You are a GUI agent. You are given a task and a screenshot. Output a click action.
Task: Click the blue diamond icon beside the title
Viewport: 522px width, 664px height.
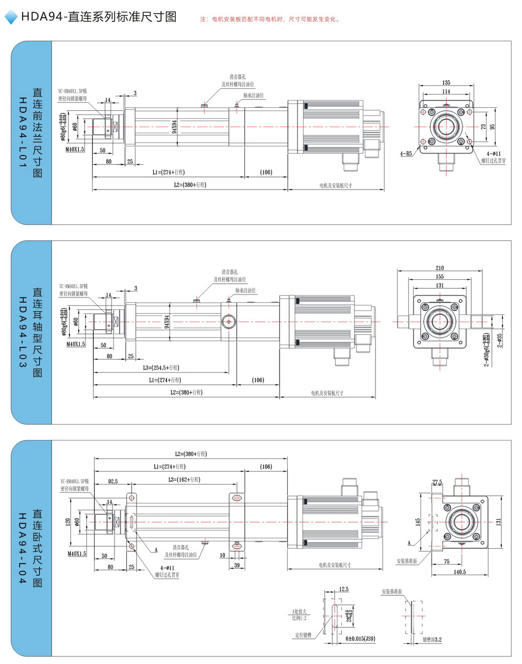point(11,18)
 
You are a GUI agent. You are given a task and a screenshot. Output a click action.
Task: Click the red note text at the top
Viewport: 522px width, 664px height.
point(271,20)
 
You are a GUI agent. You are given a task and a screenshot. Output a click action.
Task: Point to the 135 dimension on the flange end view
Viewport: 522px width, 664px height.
point(446,83)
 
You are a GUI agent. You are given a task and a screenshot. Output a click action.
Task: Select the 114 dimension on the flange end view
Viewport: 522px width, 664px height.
point(446,91)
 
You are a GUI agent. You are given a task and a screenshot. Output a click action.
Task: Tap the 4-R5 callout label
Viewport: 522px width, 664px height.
point(406,153)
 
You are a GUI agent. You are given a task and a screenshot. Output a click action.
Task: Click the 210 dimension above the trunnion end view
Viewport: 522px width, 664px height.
point(440,268)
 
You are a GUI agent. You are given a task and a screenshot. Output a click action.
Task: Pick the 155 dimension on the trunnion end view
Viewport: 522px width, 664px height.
point(440,276)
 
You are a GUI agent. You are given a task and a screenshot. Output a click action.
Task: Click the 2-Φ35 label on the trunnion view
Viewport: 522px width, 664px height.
point(500,341)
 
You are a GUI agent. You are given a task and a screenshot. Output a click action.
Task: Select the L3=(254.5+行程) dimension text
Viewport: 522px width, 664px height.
point(161,368)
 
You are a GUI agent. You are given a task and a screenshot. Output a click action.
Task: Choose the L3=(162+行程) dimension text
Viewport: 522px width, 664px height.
point(184,479)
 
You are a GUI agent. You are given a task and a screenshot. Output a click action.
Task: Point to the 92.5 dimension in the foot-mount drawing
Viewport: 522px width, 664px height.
point(113,481)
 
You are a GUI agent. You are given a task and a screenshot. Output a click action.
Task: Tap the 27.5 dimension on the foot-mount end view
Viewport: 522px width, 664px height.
point(437,482)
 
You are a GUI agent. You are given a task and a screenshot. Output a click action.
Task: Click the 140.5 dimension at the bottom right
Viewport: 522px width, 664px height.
point(460,572)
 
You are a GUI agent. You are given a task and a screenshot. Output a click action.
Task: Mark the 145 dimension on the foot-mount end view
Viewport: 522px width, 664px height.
point(418,522)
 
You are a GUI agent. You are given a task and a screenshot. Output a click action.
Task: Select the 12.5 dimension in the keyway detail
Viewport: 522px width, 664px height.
point(344,589)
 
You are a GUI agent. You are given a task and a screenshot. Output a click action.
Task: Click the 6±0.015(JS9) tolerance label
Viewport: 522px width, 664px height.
point(360,638)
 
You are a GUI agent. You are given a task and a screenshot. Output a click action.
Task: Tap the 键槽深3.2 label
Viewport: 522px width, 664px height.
point(432,639)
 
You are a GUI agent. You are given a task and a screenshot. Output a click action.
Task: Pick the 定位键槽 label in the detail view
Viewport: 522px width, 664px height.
point(303,635)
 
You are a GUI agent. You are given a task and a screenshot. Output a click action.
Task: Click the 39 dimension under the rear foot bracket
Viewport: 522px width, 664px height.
point(237,565)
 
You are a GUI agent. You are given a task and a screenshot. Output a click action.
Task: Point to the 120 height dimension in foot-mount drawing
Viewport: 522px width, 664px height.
point(68,522)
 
